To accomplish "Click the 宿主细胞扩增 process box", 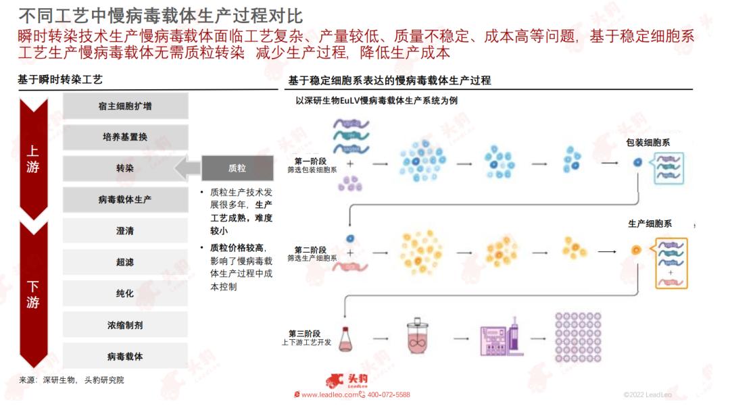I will pyautogui.click(x=125, y=106).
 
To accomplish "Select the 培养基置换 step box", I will pyautogui.click(x=125, y=137).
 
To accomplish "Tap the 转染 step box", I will pyautogui.click(x=125, y=168).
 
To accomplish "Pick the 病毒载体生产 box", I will pyautogui.click(x=125, y=200).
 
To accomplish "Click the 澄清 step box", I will pyautogui.click(x=125, y=231).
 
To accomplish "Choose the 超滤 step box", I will pyautogui.click(x=125, y=262).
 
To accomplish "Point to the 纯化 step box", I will pyautogui.click(x=125, y=294).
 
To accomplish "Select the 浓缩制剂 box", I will pyautogui.click(x=125, y=325).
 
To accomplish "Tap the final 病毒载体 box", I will pyautogui.click(x=125, y=356).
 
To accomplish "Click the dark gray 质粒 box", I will pyautogui.click(x=237, y=168).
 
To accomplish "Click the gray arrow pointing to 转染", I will pyautogui.click(x=187, y=168).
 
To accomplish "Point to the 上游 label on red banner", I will pyautogui.click(x=33, y=159).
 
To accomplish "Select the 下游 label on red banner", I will pyautogui.click(x=33, y=295).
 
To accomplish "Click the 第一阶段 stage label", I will pyautogui.click(x=312, y=162).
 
